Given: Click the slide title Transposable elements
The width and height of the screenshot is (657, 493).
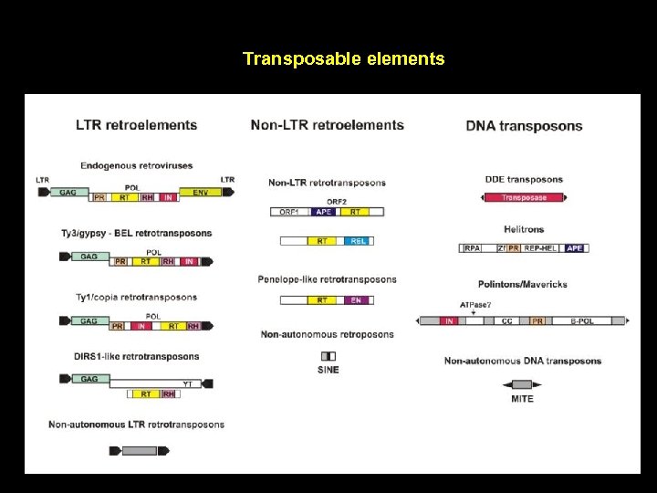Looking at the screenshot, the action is pyautogui.click(x=344, y=59).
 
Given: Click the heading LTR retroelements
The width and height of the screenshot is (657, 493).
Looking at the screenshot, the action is pyautogui.click(x=136, y=125).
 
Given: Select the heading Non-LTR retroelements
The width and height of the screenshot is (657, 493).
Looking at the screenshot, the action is pyautogui.click(x=327, y=125).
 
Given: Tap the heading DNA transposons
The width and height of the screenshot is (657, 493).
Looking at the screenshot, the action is pyautogui.click(x=524, y=126).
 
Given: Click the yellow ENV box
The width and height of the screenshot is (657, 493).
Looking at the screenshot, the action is pyautogui.click(x=199, y=193).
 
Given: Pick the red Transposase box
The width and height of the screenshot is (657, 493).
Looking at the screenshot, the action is pyautogui.click(x=524, y=197).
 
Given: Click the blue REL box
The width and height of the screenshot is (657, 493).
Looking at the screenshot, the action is pyautogui.click(x=358, y=241).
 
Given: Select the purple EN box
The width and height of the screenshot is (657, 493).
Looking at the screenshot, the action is pyautogui.click(x=356, y=299).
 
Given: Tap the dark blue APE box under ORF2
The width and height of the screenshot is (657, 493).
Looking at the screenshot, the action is pyautogui.click(x=323, y=212).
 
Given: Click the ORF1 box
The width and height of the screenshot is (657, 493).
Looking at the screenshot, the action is pyautogui.click(x=290, y=212).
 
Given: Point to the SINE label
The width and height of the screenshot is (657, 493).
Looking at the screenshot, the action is pyautogui.click(x=328, y=370).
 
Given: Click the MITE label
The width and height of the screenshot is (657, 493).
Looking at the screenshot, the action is pyautogui.click(x=522, y=398).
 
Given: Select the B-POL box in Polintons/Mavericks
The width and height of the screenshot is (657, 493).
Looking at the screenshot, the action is pyautogui.click(x=581, y=320).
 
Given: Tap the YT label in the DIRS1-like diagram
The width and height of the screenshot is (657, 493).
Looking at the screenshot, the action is pyautogui.click(x=188, y=383).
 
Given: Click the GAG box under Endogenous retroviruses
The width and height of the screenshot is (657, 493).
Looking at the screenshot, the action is pyautogui.click(x=68, y=193).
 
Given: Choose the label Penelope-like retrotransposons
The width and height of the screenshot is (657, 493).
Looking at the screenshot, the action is pyautogui.click(x=327, y=279).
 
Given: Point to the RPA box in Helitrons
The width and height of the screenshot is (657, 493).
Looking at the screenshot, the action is pyautogui.click(x=473, y=247).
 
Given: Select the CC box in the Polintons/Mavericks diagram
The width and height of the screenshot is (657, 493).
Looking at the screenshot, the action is pyautogui.click(x=506, y=320).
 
